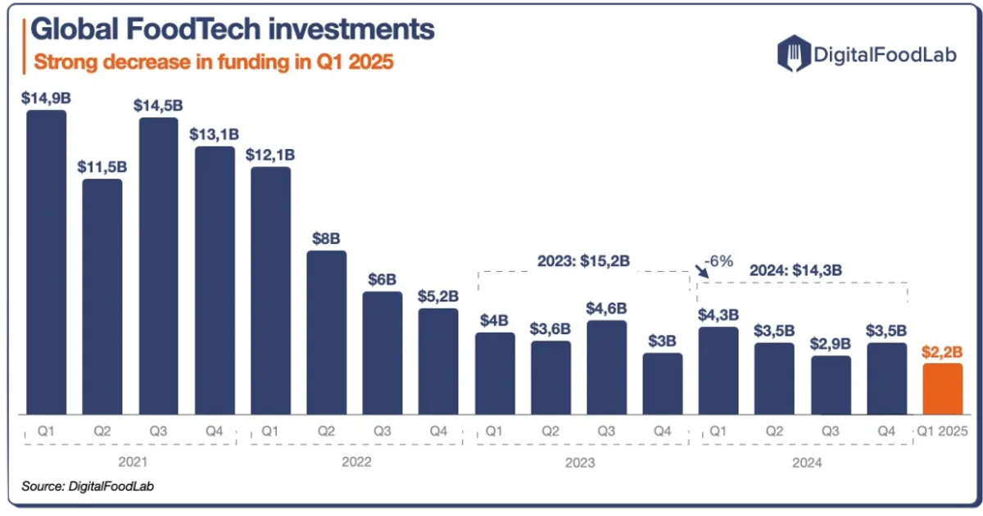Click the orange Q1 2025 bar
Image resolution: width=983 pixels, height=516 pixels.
tap(943, 389)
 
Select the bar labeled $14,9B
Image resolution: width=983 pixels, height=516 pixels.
tap(47, 262)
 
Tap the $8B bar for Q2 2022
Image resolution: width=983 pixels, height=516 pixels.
tap(327, 333)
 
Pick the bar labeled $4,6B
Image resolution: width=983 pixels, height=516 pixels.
tap(606, 368)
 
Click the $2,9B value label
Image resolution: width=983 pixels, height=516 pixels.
tap(831, 343)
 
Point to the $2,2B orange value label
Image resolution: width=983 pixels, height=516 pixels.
tap(942, 352)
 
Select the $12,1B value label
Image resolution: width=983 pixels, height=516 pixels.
tap(270, 155)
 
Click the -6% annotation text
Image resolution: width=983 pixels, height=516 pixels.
tap(719, 261)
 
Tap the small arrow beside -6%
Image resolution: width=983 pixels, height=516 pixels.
tap(702, 271)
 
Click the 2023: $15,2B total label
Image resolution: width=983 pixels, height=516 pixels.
tap(583, 261)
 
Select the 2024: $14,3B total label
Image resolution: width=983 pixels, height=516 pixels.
tap(795, 270)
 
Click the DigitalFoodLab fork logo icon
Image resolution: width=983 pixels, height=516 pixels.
tap(794, 53)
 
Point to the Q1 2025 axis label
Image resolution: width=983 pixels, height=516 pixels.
tap(942, 432)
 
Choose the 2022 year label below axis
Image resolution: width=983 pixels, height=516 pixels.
tap(356, 462)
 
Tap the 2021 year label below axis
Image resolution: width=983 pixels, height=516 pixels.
tap(133, 462)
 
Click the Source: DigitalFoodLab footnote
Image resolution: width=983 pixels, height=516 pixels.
tap(88, 487)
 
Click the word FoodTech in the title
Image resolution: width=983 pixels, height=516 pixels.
tap(193, 29)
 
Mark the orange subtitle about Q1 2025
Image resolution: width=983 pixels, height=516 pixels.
tap(213, 62)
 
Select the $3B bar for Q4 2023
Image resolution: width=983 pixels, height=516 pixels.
tap(663, 384)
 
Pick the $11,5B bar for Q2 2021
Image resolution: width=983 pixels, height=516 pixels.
tap(102, 296)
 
